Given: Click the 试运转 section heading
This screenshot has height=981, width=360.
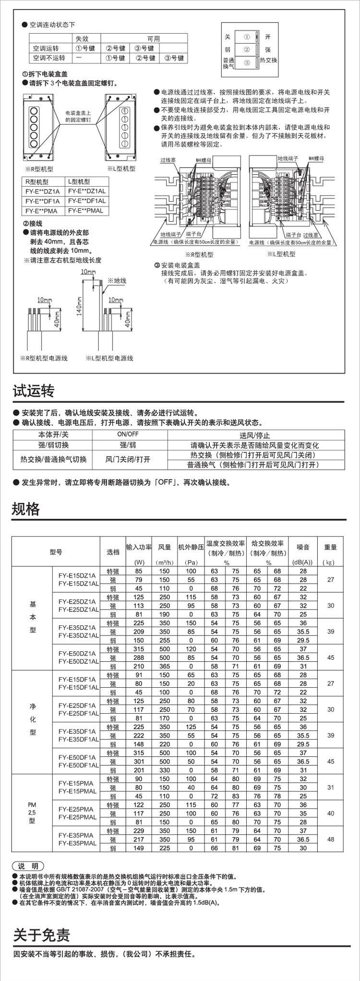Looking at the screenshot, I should tap(33, 391).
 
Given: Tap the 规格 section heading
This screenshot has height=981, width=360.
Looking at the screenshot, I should tap(26, 509).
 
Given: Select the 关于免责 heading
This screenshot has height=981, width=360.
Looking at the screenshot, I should tap(41, 935).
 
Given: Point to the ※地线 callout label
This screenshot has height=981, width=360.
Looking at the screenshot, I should tap(117, 280).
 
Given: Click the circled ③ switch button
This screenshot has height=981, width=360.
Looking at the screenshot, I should tap(246, 62).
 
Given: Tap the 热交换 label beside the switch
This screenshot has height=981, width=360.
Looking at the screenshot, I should tap(268, 60).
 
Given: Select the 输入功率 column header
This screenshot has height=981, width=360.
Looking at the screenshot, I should tap(139, 547).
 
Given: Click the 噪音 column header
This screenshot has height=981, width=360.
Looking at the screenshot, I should tap(303, 547).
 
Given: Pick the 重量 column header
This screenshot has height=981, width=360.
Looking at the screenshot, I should tap(331, 547).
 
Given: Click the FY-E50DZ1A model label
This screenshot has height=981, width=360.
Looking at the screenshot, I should tap(77, 653).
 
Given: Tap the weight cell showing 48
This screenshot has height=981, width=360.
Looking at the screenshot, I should tap(331, 839).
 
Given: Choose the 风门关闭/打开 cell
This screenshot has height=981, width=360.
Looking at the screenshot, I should tap(128, 459).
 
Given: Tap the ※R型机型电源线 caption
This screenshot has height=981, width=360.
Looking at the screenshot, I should tap(44, 359).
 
